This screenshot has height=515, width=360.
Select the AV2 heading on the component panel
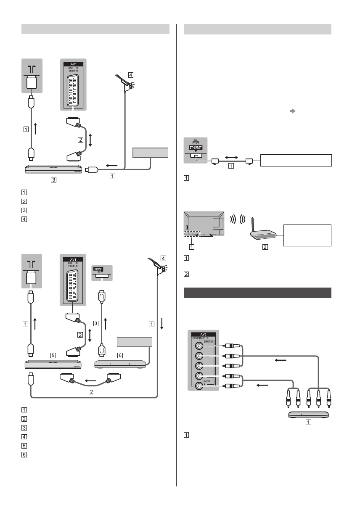coord(202,334)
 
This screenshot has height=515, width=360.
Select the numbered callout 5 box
coord(53,355)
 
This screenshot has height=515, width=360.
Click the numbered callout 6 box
coord(120,355)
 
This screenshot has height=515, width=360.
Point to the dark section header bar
coord(258,293)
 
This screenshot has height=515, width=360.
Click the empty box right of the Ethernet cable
coord(296,161)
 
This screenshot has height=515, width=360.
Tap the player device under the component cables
coord(308,415)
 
